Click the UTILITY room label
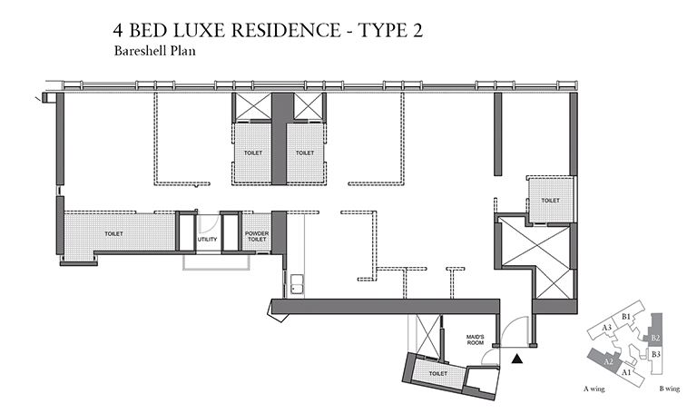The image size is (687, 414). click(x=208, y=239)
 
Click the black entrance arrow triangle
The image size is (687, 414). click(x=517, y=360)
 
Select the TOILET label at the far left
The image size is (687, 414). click(x=113, y=233)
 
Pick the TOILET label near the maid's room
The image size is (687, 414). click(x=437, y=372)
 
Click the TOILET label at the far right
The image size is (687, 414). click(x=550, y=200)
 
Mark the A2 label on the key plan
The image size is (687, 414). click(x=610, y=361)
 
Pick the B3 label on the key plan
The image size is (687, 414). click(x=655, y=353)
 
